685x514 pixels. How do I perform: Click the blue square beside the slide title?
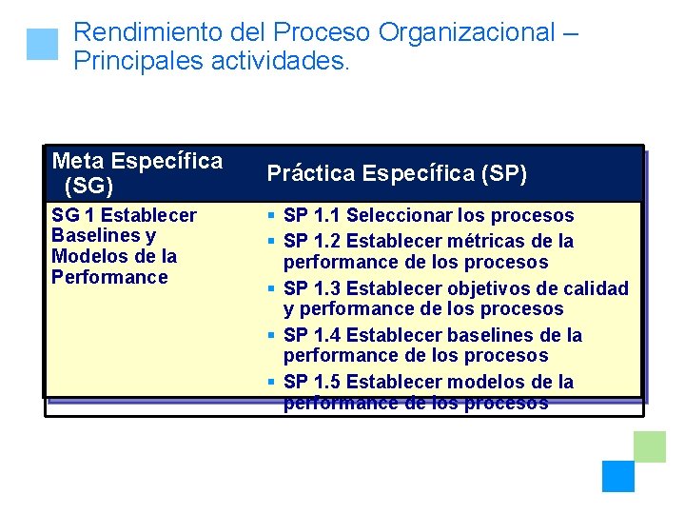tap(42, 45)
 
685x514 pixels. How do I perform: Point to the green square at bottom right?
tap(650, 446)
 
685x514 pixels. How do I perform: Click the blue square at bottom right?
tap(617, 476)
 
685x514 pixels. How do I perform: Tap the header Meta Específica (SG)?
tap(137, 172)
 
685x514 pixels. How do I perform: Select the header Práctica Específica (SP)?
tap(397, 173)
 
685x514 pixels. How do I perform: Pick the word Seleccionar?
tap(401, 216)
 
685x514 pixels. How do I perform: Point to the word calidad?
tap(594, 288)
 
